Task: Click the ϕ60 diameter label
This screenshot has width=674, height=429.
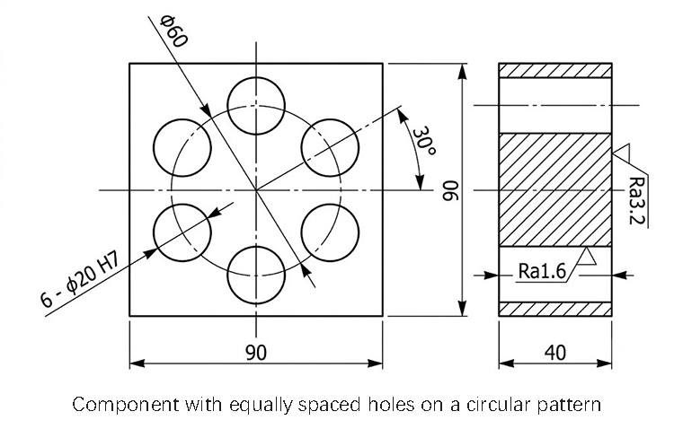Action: click(174, 31)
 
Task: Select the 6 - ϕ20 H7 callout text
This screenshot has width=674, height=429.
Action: click(80, 280)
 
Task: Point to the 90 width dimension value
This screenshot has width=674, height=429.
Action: click(256, 353)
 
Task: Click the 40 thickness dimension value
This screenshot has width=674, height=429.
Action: click(555, 353)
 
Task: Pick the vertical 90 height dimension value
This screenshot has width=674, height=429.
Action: click(451, 190)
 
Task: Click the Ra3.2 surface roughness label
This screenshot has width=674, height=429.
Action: click(637, 200)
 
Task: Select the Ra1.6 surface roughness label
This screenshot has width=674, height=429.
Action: click(542, 270)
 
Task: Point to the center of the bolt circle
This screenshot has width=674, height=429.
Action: click(256, 190)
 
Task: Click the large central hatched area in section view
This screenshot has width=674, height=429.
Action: click(555, 190)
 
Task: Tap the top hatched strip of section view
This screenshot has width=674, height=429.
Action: click(555, 70)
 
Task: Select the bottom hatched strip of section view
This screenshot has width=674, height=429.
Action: click(555, 310)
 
